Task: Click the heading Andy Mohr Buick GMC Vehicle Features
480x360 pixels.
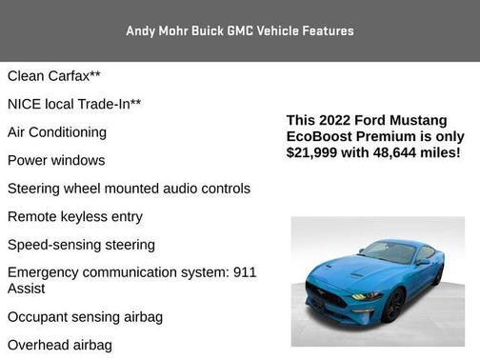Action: pyautogui.click(x=239, y=30)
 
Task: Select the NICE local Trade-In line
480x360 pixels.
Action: pyautogui.click(x=74, y=104)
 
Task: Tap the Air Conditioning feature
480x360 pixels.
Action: pyautogui.click(x=57, y=132)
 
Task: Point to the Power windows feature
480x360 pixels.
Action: pyautogui.click(x=56, y=160)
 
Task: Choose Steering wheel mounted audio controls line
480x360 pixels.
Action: pyautogui.click(x=129, y=189)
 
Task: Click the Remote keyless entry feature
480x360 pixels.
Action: pyautogui.click(x=75, y=216)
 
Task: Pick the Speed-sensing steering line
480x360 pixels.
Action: pyautogui.click(x=81, y=245)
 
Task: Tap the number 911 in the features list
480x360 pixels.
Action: pyautogui.click(x=245, y=272)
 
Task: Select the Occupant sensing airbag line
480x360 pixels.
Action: pyautogui.click(x=85, y=316)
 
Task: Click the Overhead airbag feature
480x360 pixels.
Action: pyautogui.click(x=60, y=345)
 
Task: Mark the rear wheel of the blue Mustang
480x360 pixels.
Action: pyautogui.click(x=439, y=275)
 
